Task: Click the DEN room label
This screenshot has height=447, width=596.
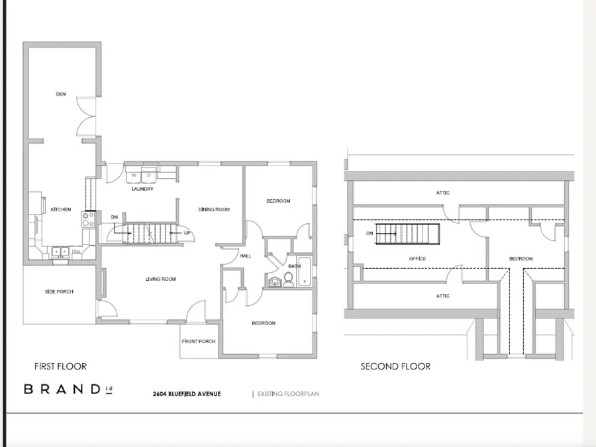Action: [61, 95]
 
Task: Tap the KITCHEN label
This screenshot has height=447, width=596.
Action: [61, 209]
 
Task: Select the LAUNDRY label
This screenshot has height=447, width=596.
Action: [142, 189]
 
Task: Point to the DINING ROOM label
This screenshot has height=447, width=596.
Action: [214, 209]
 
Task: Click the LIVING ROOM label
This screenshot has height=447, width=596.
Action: [161, 279]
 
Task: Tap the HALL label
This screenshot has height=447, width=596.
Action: [246, 256]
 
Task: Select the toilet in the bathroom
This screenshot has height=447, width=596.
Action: [289, 279]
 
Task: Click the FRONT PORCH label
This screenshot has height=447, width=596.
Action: [198, 342]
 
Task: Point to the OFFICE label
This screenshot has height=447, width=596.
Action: [417, 258]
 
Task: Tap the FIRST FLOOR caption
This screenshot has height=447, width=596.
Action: [60, 366]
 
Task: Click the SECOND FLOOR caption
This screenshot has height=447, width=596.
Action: [395, 366]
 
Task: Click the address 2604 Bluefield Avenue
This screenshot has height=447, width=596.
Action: [187, 394]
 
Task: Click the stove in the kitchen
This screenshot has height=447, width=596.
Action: [87, 219]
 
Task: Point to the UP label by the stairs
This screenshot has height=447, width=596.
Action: [187, 233]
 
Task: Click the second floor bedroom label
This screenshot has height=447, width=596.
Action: [521, 258]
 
